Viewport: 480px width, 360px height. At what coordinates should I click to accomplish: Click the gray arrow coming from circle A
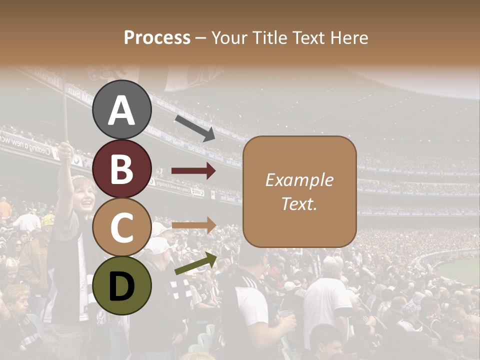[x=194, y=128]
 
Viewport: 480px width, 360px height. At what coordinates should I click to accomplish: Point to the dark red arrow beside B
[x=193, y=171]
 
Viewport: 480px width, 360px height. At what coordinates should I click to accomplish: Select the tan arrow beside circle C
[x=193, y=225]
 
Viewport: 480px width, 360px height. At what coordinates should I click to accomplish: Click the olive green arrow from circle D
[x=195, y=263]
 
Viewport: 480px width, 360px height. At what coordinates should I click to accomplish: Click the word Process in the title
[x=157, y=37]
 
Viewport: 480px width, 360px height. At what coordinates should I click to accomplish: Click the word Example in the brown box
[x=299, y=180]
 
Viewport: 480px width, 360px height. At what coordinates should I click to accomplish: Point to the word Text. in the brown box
[x=299, y=203]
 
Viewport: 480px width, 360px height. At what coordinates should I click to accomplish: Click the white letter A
[x=122, y=110]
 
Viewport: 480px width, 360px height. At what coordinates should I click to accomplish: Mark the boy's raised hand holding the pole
[x=65, y=149]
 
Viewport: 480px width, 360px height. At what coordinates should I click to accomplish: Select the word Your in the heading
[x=230, y=37]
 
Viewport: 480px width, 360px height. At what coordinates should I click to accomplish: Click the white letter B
[x=122, y=169]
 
